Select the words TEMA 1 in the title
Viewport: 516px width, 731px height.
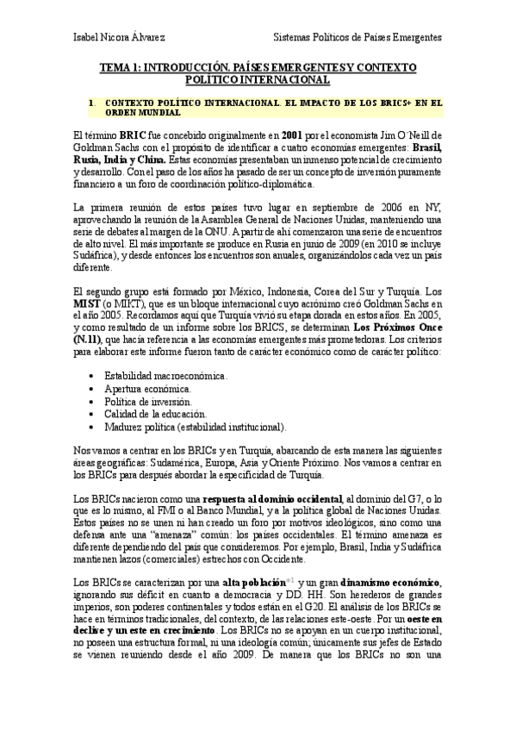tap(118, 67)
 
